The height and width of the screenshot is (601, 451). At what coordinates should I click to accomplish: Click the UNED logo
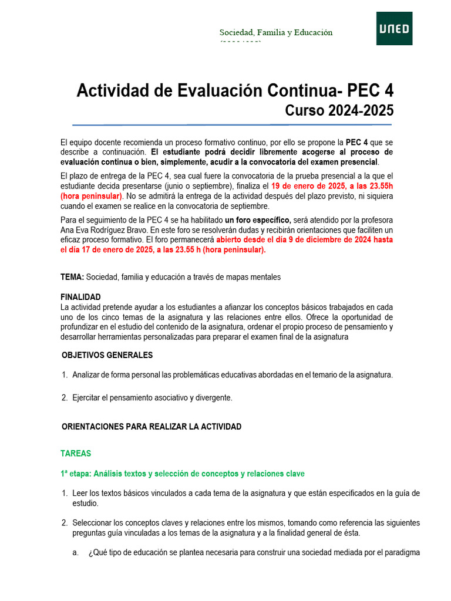[x=394, y=28]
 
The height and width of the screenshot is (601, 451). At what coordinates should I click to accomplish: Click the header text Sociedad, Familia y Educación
[x=276, y=32]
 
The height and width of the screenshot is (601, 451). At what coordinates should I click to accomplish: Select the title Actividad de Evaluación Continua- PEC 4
[x=235, y=91]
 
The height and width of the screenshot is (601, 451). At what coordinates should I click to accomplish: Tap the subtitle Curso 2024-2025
[x=339, y=110]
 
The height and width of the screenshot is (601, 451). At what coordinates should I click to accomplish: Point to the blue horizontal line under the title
[x=232, y=124]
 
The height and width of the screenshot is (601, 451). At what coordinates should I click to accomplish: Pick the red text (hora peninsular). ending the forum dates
[x=234, y=249]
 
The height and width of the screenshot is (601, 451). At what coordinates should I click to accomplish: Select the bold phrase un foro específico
[x=258, y=220]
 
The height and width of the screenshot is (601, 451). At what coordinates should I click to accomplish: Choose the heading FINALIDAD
[x=80, y=297]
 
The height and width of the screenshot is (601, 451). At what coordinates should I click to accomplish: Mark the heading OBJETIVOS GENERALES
[x=107, y=355]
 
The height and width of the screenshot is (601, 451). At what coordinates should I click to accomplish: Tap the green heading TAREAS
[x=76, y=454]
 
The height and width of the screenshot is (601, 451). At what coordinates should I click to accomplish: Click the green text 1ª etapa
[x=75, y=474]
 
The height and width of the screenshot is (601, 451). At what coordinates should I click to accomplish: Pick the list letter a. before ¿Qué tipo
[x=76, y=552]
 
